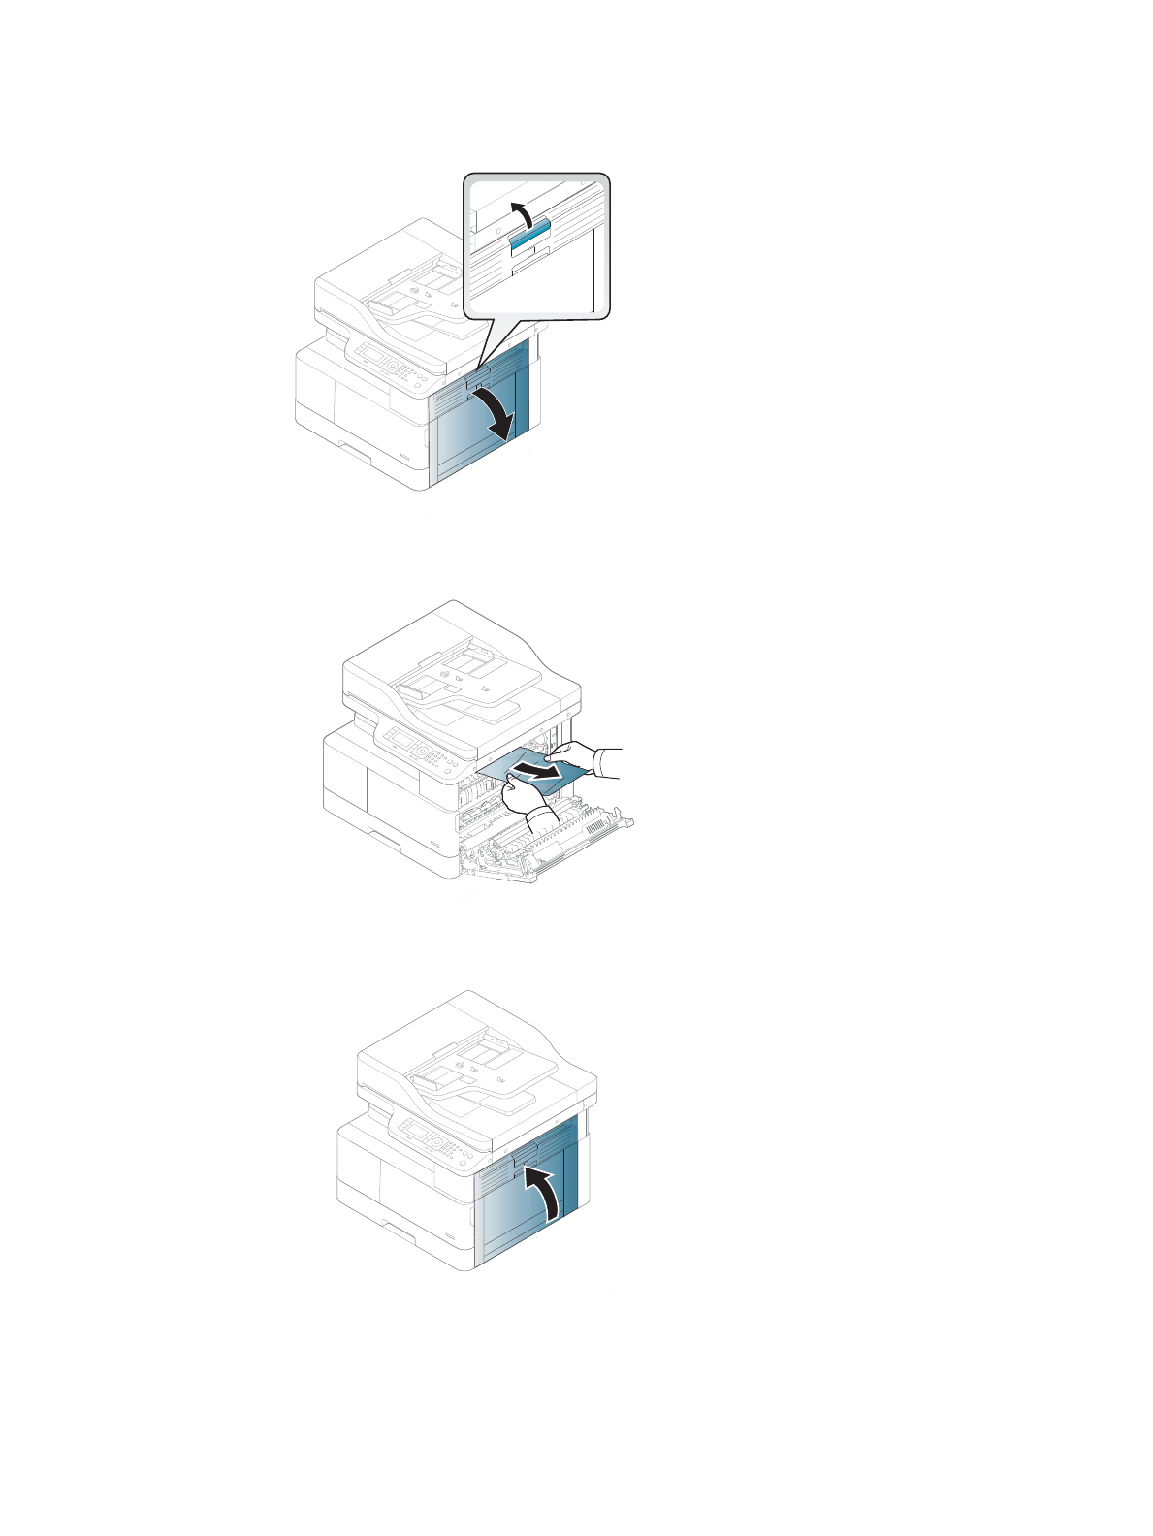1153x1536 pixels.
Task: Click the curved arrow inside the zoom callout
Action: pyautogui.click(x=521, y=211)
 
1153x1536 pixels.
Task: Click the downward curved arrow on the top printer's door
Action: pyautogui.click(x=494, y=413)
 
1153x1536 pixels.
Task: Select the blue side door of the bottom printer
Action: pyautogui.click(x=528, y=1202)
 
